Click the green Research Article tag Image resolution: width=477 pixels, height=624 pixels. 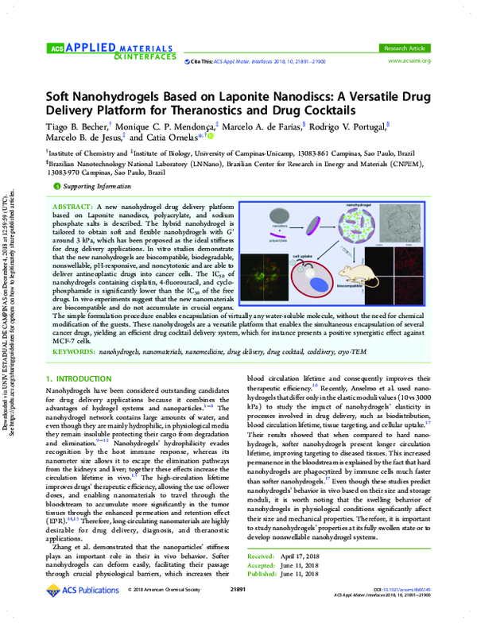click(x=405, y=48)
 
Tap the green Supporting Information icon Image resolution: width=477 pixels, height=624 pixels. click(x=56, y=186)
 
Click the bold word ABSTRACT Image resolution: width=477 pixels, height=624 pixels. click(x=75, y=206)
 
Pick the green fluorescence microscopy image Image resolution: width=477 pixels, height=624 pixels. click(x=265, y=277)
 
